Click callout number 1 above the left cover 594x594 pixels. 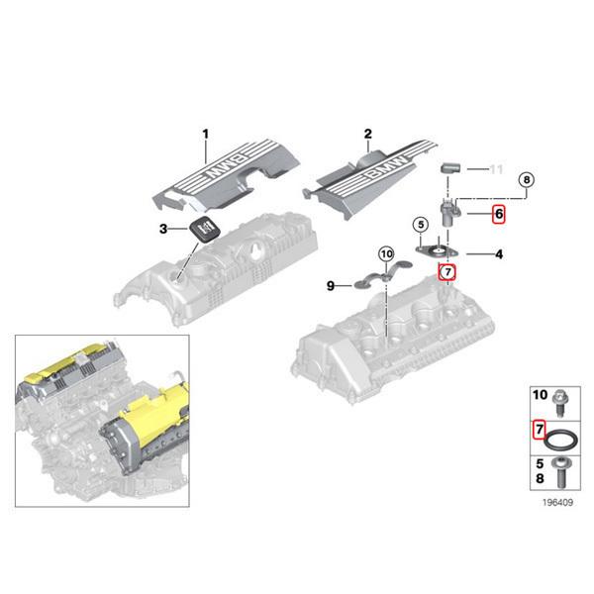[206, 134]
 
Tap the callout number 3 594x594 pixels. [164, 230]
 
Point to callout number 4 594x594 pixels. [499, 254]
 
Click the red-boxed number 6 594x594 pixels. [499, 213]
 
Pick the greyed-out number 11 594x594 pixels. [497, 169]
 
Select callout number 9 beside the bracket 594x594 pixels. [332, 286]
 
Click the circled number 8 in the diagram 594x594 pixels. [527, 179]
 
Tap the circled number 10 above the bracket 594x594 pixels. [386, 254]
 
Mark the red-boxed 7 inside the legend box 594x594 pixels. [539, 429]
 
